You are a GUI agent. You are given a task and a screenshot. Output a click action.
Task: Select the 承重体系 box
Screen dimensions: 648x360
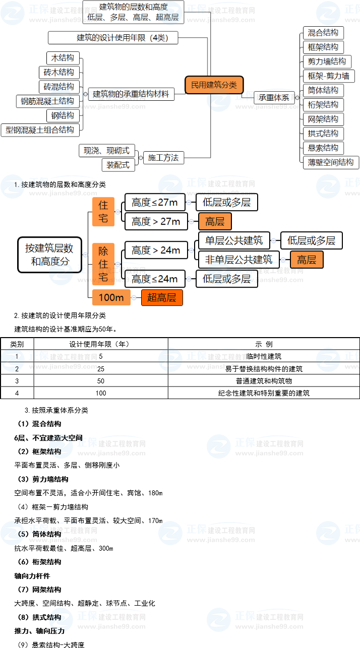[x=274, y=97]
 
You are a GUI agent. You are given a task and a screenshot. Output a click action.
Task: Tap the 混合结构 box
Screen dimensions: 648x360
[x=323, y=33]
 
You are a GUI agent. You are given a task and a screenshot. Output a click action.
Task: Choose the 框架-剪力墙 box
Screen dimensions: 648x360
[x=328, y=76]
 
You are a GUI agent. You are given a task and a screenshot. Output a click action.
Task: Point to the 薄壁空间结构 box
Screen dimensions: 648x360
[x=331, y=162]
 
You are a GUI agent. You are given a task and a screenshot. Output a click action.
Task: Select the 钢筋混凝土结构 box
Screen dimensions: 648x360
[x=47, y=101]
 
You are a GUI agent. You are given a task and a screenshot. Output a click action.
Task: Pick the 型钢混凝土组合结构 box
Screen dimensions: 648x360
[x=40, y=130]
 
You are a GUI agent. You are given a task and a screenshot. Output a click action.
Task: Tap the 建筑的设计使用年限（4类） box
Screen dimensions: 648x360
[x=113, y=38]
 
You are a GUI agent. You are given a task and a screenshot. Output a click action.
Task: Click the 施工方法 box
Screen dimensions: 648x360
[x=163, y=158]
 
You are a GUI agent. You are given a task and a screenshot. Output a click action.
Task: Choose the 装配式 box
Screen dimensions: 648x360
[x=118, y=165]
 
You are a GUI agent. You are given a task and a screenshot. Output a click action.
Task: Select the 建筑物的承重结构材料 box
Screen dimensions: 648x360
[x=131, y=94]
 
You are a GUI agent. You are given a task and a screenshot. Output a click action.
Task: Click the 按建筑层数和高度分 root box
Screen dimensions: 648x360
[x=49, y=254]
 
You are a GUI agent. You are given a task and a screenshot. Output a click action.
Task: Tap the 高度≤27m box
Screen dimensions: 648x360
[x=155, y=203]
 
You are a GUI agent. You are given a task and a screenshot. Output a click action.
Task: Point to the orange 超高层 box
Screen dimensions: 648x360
[x=162, y=297]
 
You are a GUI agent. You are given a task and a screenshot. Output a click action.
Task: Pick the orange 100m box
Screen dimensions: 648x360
[x=111, y=297]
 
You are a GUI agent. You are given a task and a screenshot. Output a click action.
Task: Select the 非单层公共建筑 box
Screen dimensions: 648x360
[x=239, y=260]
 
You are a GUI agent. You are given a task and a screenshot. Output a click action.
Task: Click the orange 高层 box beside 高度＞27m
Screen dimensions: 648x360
[x=215, y=222]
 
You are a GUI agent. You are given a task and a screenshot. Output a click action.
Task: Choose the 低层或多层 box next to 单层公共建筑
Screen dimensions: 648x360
[x=311, y=240]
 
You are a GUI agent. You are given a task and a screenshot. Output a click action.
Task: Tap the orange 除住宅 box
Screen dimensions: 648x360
[x=103, y=264]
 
